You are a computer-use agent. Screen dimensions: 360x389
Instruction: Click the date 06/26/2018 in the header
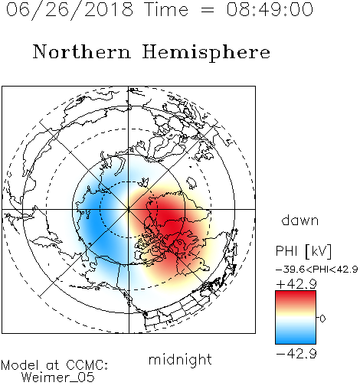point(70,9)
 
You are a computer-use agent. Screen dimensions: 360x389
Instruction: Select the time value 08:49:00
point(270,9)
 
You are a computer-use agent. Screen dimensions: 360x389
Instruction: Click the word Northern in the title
point(82,51)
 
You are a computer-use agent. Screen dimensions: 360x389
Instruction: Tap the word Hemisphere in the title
point(206,52)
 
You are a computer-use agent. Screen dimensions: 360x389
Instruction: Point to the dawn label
point(299,220)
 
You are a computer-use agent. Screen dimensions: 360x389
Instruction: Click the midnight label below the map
point(180,360)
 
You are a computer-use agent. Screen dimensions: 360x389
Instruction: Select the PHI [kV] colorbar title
point(303,251)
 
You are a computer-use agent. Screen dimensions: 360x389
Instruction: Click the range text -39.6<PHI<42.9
point(316,270)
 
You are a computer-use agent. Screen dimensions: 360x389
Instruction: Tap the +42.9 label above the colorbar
point(296,284)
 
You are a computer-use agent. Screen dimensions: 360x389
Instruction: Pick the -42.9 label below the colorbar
point(296,354)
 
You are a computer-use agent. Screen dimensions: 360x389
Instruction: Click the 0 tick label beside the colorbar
point(322,319)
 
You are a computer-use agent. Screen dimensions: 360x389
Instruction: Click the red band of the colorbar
point(296,297)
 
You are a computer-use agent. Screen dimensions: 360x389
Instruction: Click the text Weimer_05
point(58,377)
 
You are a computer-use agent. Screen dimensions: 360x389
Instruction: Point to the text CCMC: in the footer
point(87,365)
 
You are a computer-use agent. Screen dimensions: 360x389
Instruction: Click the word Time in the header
point(166,9)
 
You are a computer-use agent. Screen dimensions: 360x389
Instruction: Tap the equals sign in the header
point(207,10)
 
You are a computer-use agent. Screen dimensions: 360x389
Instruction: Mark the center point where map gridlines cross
point(129,209)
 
